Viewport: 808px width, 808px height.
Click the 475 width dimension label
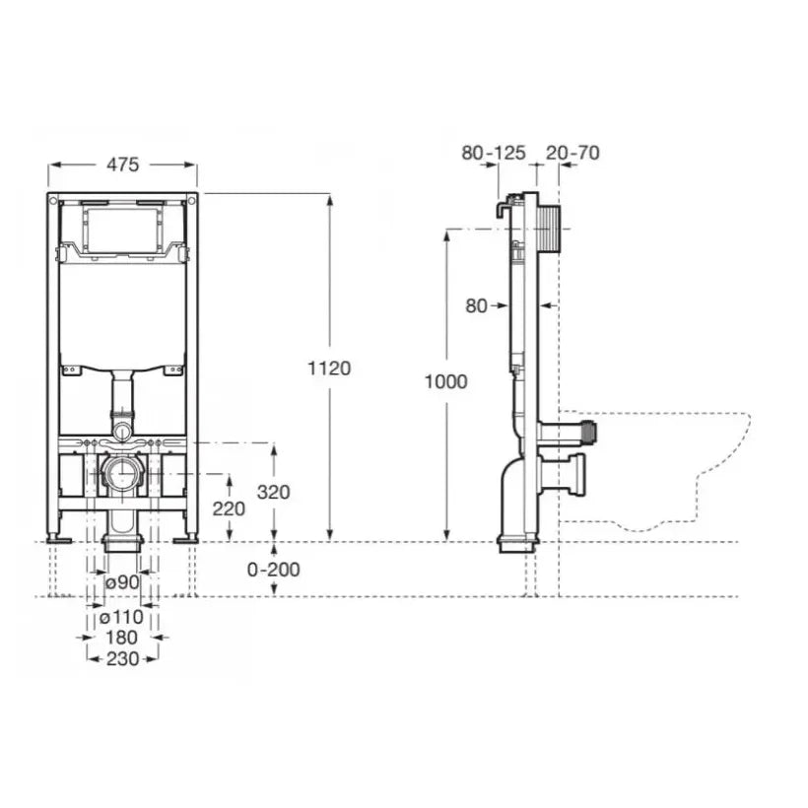tap(122, 165)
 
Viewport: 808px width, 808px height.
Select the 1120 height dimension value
tap(329, 369)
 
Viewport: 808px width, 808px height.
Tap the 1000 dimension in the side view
tap(445, 382)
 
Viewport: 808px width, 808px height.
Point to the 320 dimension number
tap(274, 492)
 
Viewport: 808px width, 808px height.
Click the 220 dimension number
tap(229, 509)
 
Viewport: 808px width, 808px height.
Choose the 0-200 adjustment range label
tap(274, 570)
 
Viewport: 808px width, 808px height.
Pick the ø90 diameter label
tap(122, 582)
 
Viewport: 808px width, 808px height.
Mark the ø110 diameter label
tap(121, 616)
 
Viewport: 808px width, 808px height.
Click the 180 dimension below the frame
tap(121, 638)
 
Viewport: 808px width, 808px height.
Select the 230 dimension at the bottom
tap(122, 658)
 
